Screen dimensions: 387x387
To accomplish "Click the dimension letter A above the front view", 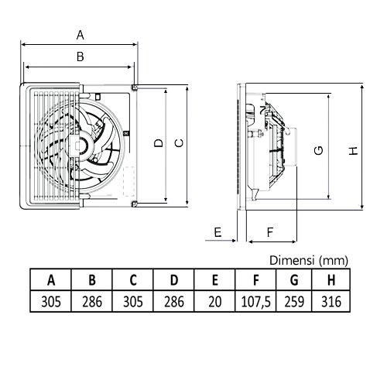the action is click(x=80, y=35).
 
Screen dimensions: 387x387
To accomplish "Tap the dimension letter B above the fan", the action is click(x=80, y=57).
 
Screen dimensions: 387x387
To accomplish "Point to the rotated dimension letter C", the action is click(x=179, y=143).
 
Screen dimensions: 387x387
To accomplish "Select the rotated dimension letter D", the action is click(x=159, y=143).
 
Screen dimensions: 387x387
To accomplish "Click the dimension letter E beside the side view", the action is click(x=218, y=232).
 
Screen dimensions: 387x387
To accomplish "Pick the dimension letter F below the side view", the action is click(x=270, y=232).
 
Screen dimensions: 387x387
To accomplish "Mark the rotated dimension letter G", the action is click(x=319, y=150).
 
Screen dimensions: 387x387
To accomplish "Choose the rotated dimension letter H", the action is click(x=354, y=151).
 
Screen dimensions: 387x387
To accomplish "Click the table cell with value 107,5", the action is click(x=255, y=301).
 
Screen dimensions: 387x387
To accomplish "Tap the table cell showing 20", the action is click(x=214, y=301).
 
